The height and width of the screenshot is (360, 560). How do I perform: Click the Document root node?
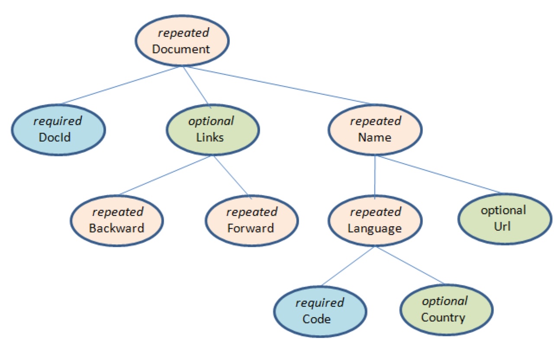[182, 41]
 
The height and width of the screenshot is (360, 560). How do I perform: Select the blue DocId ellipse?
[58, 130]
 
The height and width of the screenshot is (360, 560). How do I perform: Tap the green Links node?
[213, 130]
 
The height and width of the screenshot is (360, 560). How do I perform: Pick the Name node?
[375, 130]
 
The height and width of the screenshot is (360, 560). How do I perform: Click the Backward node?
[117, 221]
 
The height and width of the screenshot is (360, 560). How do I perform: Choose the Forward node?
[252, 221]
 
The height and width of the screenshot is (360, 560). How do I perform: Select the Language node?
[375, 221]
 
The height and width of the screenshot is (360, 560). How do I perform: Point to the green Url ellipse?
[505, 219]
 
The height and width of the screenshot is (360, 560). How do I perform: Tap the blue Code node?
[320, 312]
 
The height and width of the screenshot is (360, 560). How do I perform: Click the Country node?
[447, 310]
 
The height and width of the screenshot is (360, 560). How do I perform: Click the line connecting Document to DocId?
[119, 85]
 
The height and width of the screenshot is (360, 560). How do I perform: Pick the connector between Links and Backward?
[164, 175]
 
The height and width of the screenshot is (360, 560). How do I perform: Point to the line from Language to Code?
[348, 266]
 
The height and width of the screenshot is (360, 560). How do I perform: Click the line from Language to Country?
[410, 265]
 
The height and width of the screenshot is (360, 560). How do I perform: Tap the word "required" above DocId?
[58, 122]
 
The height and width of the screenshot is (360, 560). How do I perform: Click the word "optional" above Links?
[211, 122]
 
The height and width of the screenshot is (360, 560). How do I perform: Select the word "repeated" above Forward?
[252, 212]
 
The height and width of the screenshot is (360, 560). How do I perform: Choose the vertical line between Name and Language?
[375, 177]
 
